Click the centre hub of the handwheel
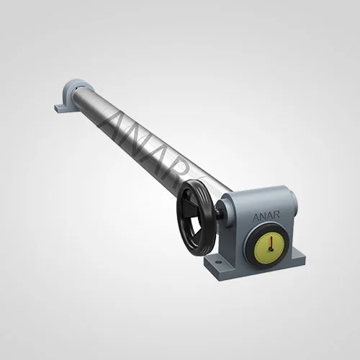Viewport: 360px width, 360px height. (x=195, y=216)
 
